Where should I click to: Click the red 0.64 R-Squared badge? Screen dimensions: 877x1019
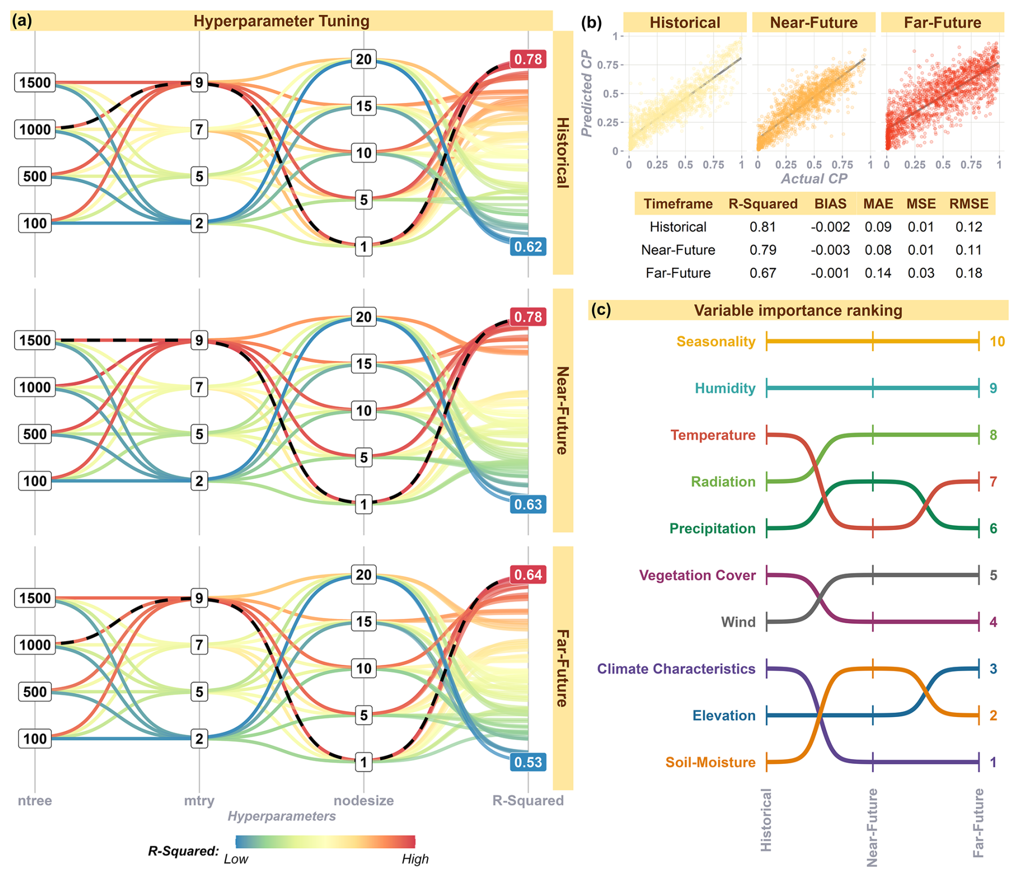point(528,575)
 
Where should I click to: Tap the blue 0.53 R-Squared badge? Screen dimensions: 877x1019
point(528,762)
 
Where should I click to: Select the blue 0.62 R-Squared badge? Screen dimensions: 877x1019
point(528,247)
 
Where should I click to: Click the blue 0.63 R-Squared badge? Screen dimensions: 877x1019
point(528,505)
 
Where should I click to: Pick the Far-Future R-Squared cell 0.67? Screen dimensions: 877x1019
point(763,273)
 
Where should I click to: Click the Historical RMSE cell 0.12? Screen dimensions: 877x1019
point(968,227)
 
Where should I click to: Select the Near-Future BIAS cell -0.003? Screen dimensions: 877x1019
point(830,250)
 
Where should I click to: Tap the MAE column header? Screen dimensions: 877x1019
point(878,204)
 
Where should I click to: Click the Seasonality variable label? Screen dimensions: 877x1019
point(716,342)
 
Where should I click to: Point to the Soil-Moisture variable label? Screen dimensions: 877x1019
point(710,762)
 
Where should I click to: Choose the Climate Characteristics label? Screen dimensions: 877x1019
point(676,669)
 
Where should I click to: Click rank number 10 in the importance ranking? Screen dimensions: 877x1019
point(997,342)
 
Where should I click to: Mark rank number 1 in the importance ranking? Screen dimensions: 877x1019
point(993,762)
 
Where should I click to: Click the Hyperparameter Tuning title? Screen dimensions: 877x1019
point(281,22)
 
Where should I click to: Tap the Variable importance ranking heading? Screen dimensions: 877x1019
point(798,311)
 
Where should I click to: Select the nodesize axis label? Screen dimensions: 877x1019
point(364,801)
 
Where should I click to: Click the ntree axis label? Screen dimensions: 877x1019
point(35,801)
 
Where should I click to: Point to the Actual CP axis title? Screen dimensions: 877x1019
point(814,179)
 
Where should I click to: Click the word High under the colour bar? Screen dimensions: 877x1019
point(415,859)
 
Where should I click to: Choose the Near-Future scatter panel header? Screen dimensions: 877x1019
point(813,23)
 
